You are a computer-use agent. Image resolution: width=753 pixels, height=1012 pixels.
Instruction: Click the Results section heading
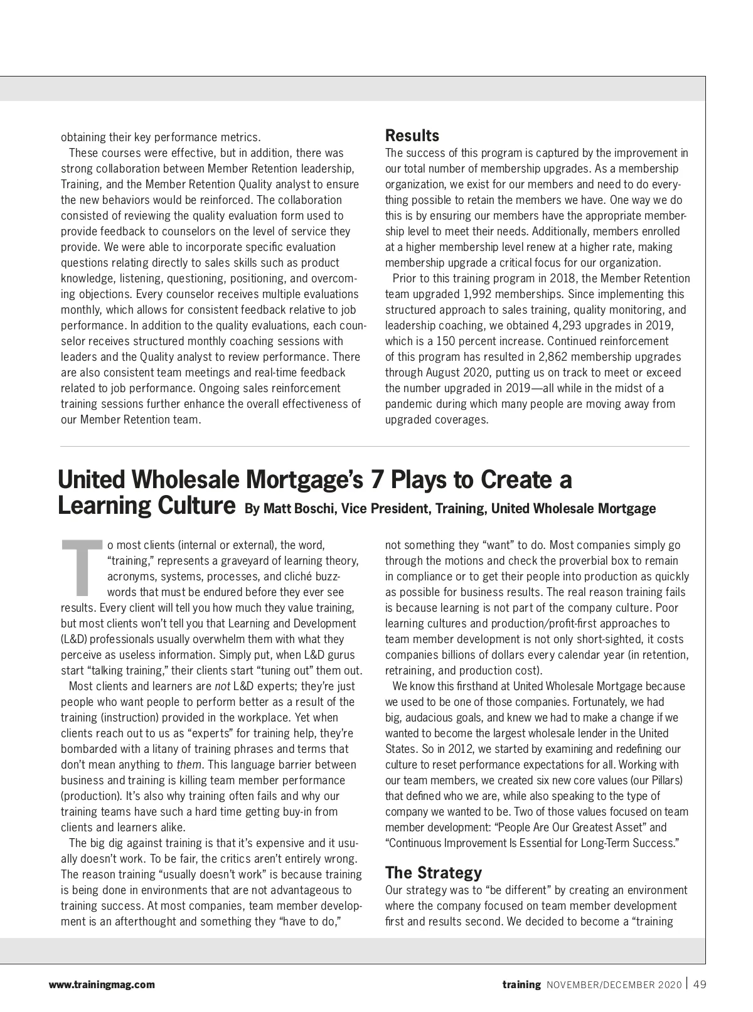(412, 136)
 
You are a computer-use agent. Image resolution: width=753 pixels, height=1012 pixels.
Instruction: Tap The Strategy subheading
(433, 873)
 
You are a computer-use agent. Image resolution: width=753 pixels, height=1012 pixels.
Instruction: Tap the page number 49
(699, 984)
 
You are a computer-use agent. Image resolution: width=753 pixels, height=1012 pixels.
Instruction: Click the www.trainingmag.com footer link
(102, 985)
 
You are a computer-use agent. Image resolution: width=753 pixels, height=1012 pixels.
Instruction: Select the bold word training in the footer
(521, 984)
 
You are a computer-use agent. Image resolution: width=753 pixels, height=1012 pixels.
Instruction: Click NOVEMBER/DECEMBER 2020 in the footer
(613, 985)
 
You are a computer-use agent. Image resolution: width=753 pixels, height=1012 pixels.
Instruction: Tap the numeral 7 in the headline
(376, 480)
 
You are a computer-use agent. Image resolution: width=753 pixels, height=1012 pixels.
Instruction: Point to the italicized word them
(189, 765)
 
